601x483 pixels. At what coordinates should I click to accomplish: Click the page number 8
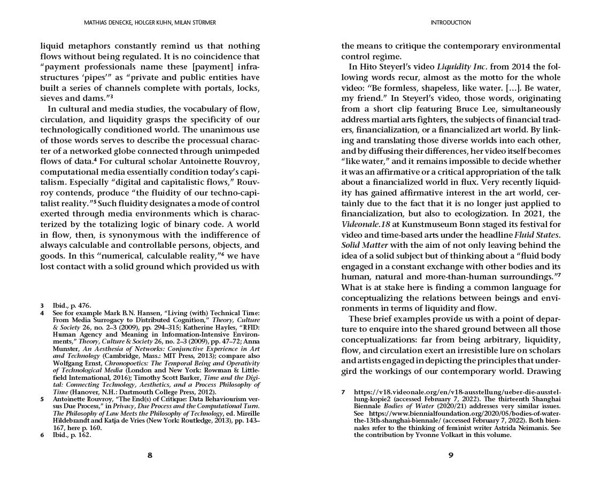[x=150, y=455]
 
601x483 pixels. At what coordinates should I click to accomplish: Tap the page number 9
[x=451, y=455]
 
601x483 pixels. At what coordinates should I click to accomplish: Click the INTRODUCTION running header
[x=451, y=22]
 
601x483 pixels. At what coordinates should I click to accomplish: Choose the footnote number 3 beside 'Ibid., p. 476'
[x=42, y=306]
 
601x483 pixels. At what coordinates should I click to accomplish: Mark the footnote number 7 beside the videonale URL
[x=344, y=392]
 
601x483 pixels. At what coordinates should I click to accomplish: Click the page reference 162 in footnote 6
[x=84, y=435]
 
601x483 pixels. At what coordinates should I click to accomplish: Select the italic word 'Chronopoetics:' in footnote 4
[x=128, y=363]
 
